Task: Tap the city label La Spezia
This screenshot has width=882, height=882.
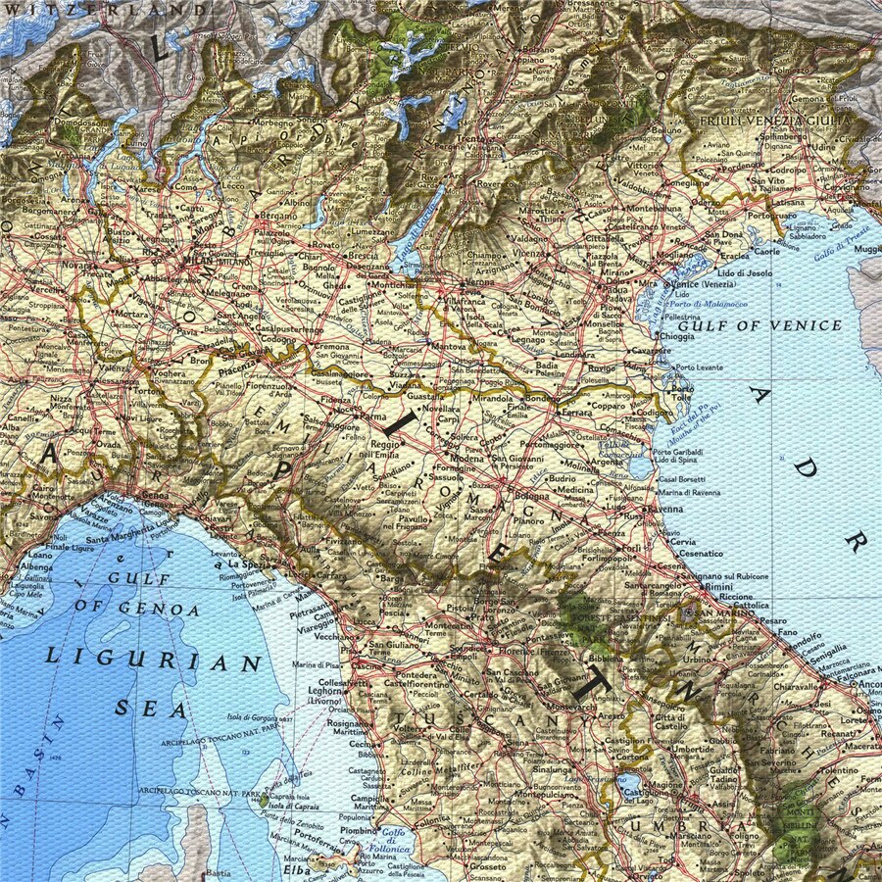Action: (249, 565)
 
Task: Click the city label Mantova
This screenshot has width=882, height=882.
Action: (449, 347)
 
